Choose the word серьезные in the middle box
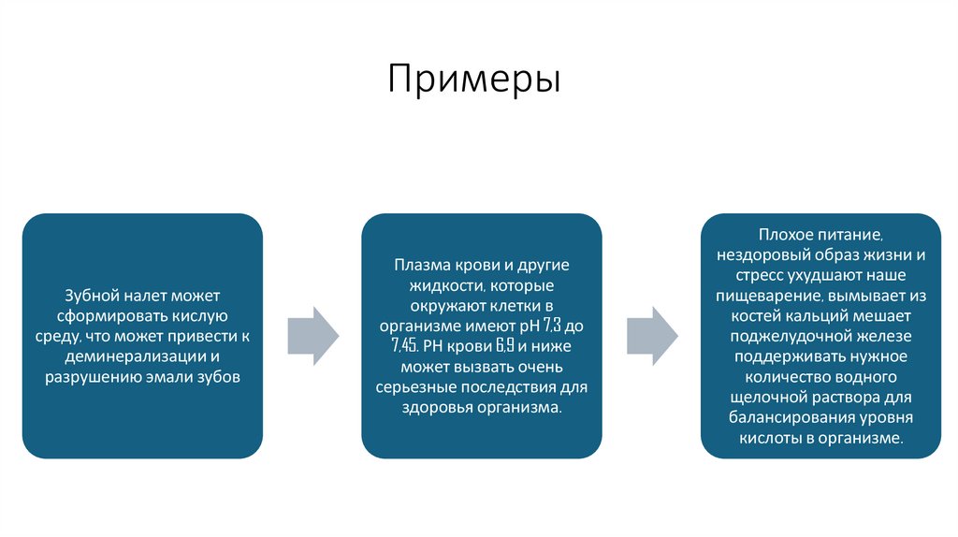(x=416, y=388)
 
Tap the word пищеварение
(x=767, y=294)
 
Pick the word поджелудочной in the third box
(x=783, y=335)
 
